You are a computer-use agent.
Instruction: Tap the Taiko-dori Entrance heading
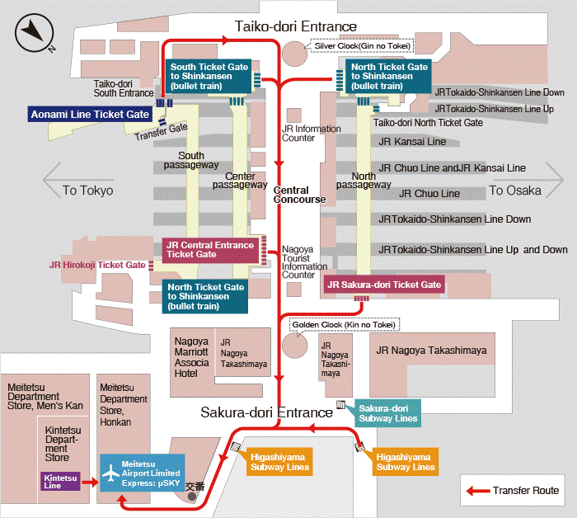296,27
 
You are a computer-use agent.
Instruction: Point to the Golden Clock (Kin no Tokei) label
345,325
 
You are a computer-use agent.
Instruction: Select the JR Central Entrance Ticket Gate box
210,249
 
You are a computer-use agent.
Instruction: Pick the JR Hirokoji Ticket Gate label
97,266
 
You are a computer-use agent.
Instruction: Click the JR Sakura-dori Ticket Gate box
384,285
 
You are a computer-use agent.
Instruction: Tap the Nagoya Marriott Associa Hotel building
191,356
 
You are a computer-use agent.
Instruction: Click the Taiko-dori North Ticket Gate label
428,123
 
